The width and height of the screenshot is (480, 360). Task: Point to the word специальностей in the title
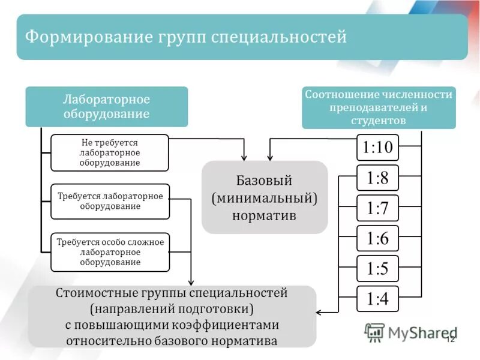point(279,37)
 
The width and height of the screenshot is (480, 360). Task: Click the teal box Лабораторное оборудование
point(107,106)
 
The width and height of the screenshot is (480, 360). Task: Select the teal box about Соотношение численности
point(379,107)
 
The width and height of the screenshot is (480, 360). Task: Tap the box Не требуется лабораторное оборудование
point(110,152)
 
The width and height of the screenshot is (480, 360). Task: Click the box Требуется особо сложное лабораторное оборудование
point(110,252)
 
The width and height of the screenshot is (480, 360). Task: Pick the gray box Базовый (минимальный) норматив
point(265,197)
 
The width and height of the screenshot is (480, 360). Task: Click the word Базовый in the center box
point(265,180)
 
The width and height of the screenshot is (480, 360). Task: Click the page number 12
point(451,340)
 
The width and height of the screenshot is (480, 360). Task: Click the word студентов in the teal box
point(379,121)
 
